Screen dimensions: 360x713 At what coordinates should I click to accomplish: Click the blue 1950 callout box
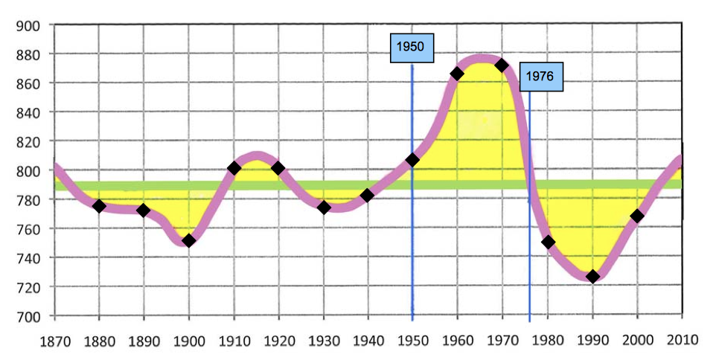pyautogui.click(x=411, y=47)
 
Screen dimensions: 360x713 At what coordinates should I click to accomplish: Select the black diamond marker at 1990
pyautogui.click(x=592, y=277)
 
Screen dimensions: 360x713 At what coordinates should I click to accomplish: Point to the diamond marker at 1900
pyautogui.click(x=188, y=240)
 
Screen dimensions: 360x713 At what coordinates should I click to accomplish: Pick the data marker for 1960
pyautogui.click(x=457, y=73)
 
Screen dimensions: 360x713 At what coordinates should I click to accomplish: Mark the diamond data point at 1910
pyautogui.click(x=234, y=168)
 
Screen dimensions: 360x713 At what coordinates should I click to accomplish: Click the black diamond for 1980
pyautogui.click(x=548, y=242)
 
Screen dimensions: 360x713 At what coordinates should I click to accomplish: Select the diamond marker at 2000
pyautogui.click(x=637, y=216)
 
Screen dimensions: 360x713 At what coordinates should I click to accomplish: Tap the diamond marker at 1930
pyautogui.click(x=324, y=207)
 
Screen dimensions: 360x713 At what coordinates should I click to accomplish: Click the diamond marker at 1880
pyautogui.click(x=100, y=206)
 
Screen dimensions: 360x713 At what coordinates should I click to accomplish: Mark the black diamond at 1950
pyautogui.click(x=412, y=160)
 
